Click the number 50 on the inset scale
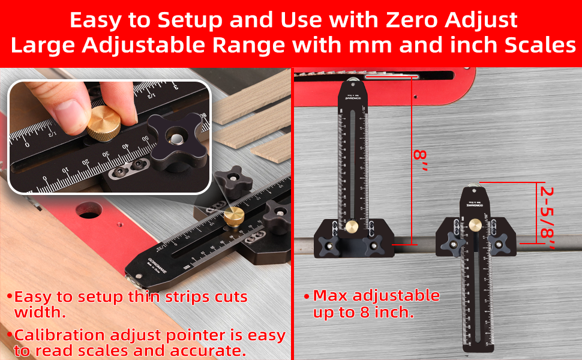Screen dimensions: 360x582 pos(145,139)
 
